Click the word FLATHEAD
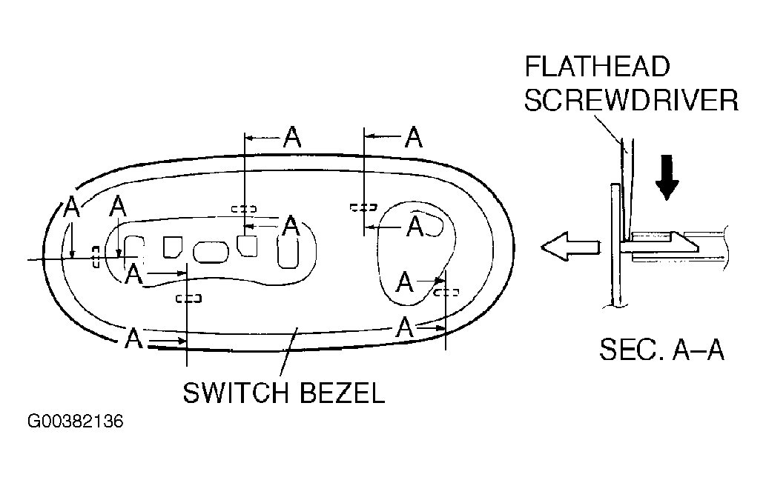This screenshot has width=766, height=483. point(597,67)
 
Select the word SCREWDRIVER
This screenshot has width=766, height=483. point(631,101)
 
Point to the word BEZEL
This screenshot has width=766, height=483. point(342,393)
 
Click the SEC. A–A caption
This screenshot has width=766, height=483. point(661,350)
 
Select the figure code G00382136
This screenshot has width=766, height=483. point(75,421)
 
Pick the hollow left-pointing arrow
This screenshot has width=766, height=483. point(570,247)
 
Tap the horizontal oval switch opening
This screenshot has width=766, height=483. point(211,252)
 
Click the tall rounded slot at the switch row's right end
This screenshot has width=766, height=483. point(288,250)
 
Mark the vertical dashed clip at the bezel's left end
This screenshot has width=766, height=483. point(96,256)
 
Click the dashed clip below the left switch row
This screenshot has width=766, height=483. point(188,298)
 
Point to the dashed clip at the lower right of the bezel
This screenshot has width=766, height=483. point(446,293)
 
